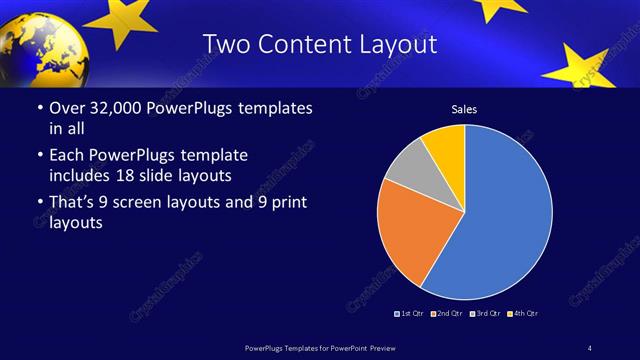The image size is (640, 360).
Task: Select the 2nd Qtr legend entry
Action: pyautogui.click(x=446, y=314)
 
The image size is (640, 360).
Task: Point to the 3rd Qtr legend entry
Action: pyautogui.click(x=484, y=314)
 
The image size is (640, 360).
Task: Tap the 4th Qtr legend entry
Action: pyautogui.click(x=523, y=314)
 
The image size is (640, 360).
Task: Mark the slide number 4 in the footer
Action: pyautogui.click(x=590, y=347)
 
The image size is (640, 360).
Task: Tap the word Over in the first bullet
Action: pyautogui.click(x=68, y=108)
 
